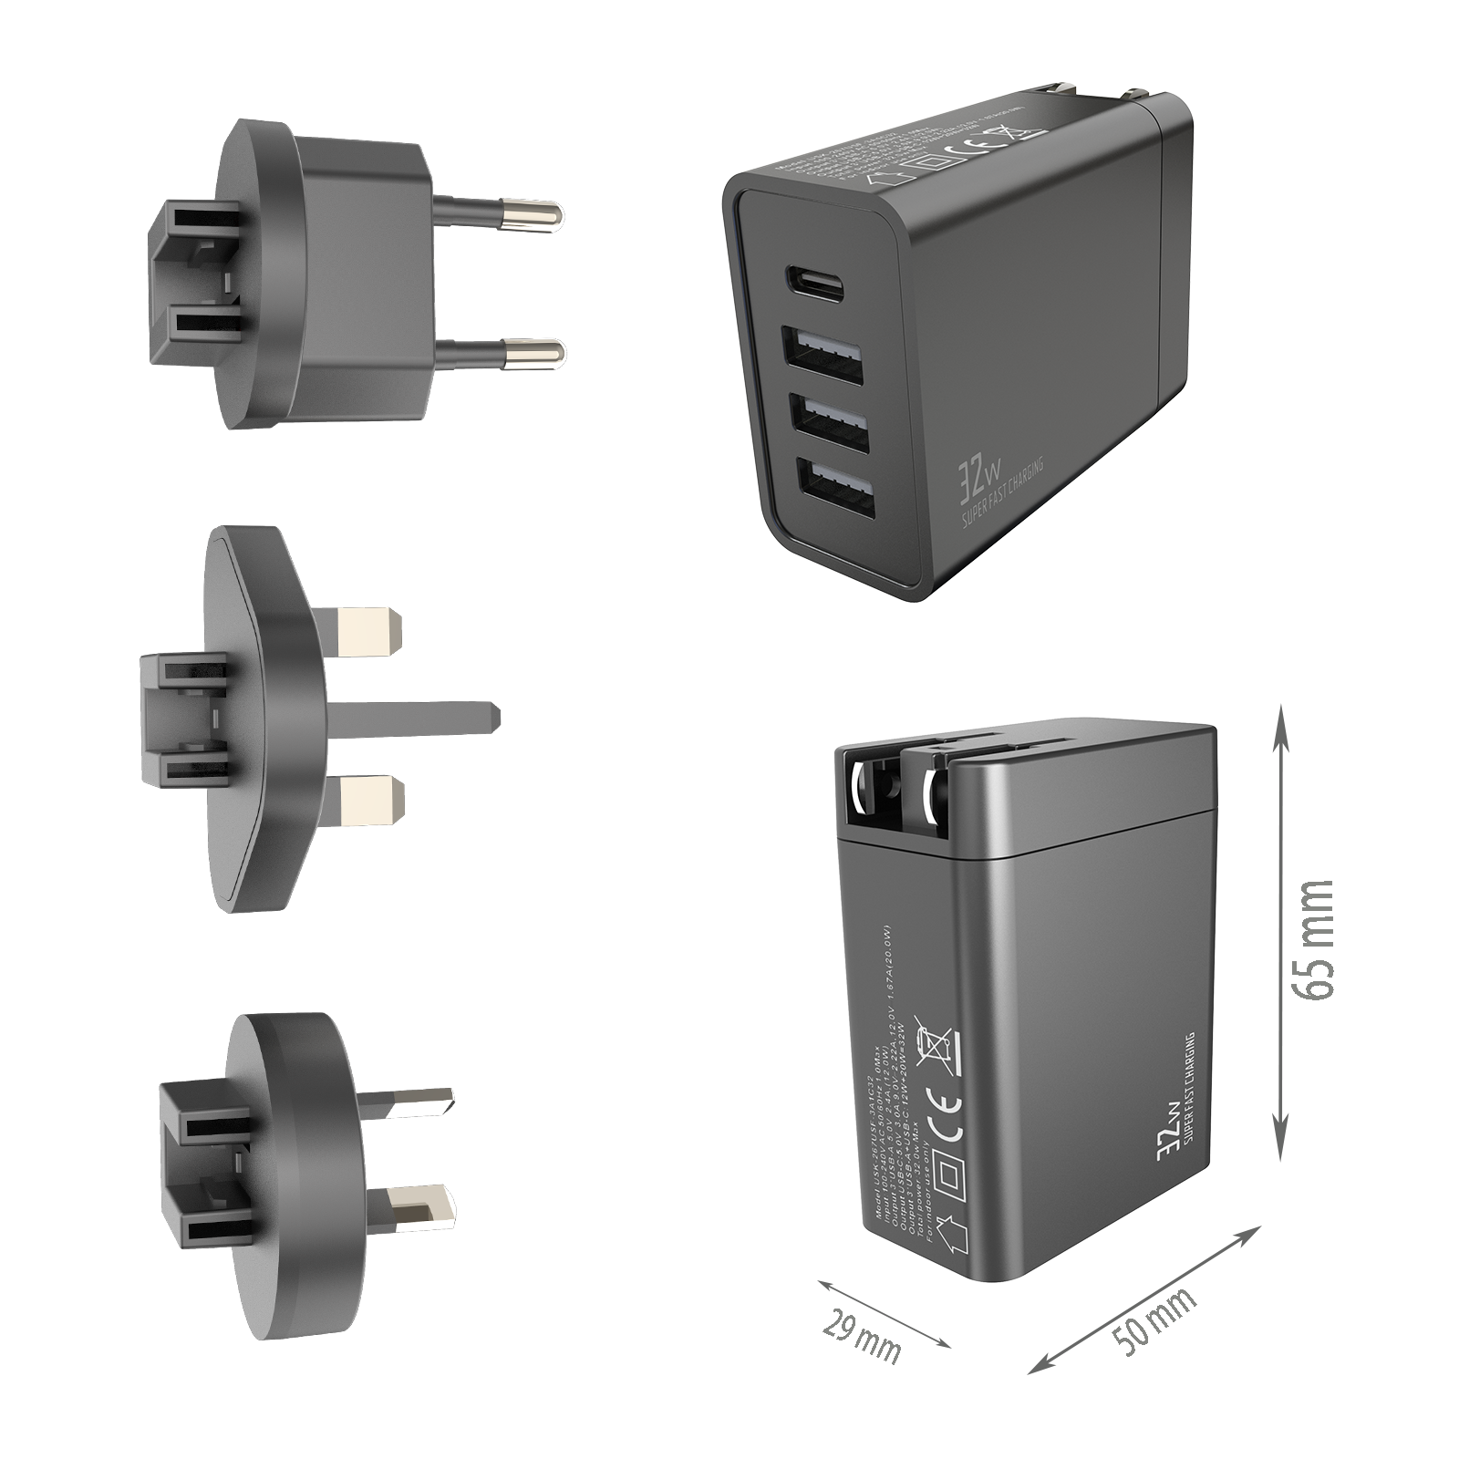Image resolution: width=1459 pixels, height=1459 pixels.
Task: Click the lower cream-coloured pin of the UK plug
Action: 369,798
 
